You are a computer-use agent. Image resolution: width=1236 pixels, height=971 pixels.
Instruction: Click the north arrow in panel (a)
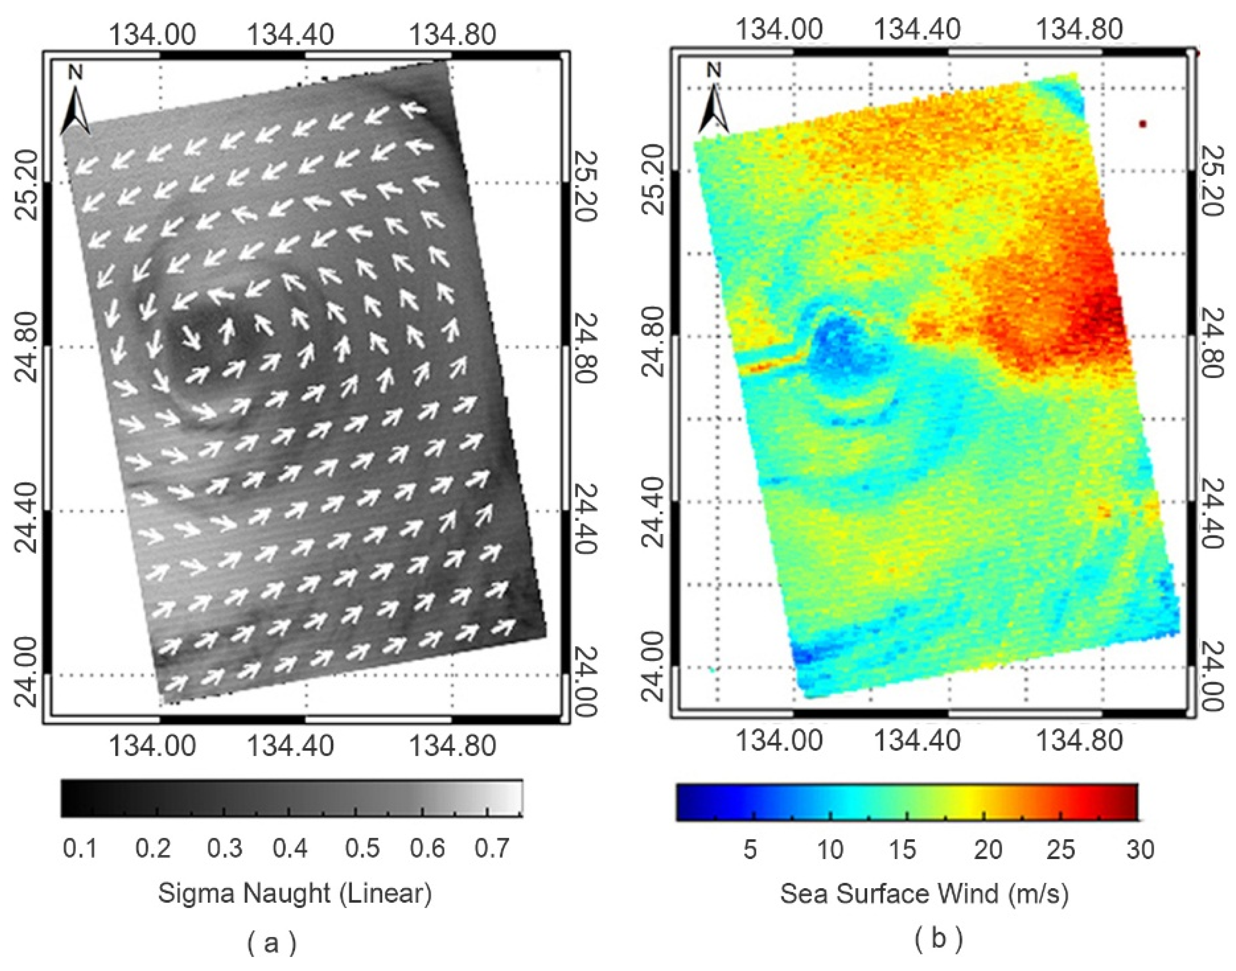coord(76,102)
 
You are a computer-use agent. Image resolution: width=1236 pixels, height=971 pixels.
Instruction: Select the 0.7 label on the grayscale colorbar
coord(491,849)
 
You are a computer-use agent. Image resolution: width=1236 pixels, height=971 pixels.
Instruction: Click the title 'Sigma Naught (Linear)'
coord(295,893)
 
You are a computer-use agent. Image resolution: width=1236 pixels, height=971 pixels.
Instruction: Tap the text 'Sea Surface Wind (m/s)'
coord(924,893)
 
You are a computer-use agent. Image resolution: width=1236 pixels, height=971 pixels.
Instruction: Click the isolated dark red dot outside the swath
coord(1143,124)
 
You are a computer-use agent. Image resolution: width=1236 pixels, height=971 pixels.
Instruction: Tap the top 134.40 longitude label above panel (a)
coord(291,35)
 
